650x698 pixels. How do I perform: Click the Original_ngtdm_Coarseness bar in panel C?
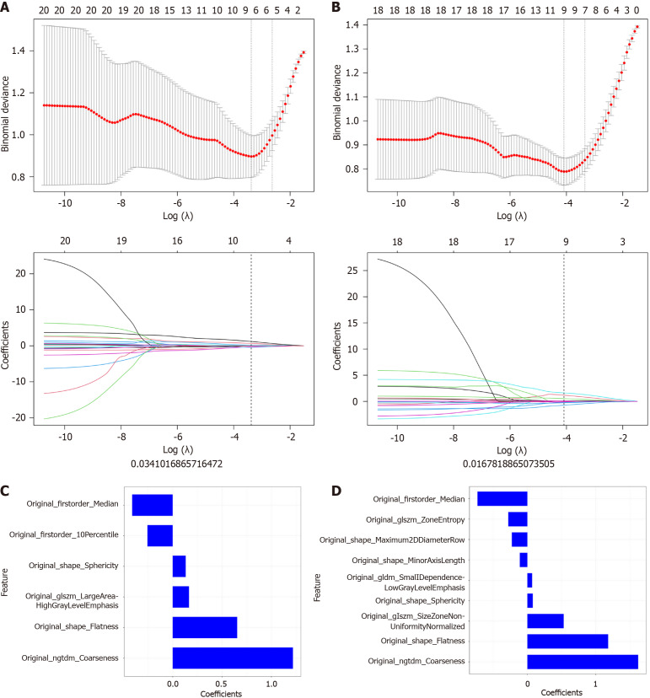[x=232, y=658]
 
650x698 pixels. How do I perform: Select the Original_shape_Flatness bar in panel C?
[x=204, y=627]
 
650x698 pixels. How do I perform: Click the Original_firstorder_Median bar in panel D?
[x=502, y=498]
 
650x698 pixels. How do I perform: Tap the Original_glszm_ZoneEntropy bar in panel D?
[x=518, y=518]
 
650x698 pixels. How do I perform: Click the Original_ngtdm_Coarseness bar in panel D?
[x=583, y=661]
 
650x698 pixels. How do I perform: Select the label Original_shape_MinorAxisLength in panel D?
[x=408, y=560]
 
